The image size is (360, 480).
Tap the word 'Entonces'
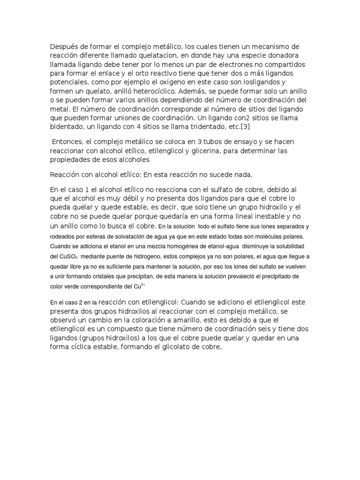coord(68,142)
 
